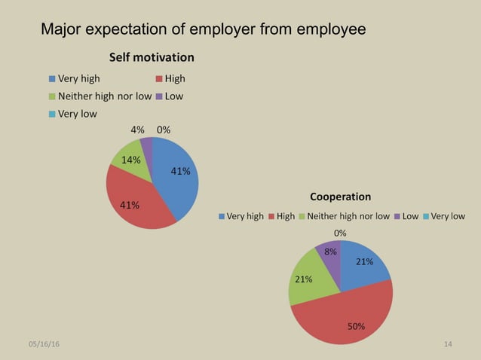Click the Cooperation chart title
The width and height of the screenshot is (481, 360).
point(340,197)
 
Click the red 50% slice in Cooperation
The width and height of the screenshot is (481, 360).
point(347,316)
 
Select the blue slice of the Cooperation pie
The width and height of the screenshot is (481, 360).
point(363,266)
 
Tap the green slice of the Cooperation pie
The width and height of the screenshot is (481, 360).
point(306,282)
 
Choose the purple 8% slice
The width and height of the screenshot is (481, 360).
point(330,255)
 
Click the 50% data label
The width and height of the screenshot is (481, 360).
point(356,326)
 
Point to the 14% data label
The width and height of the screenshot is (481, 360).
point(131,160)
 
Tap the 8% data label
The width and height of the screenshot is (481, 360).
point(330,252)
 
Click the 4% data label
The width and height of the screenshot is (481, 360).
point(137,129)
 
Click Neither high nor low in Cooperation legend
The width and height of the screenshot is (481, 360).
point(348,216)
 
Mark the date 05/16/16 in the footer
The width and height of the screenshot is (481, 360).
point(43,344)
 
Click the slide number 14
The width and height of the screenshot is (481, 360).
point(448,344)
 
